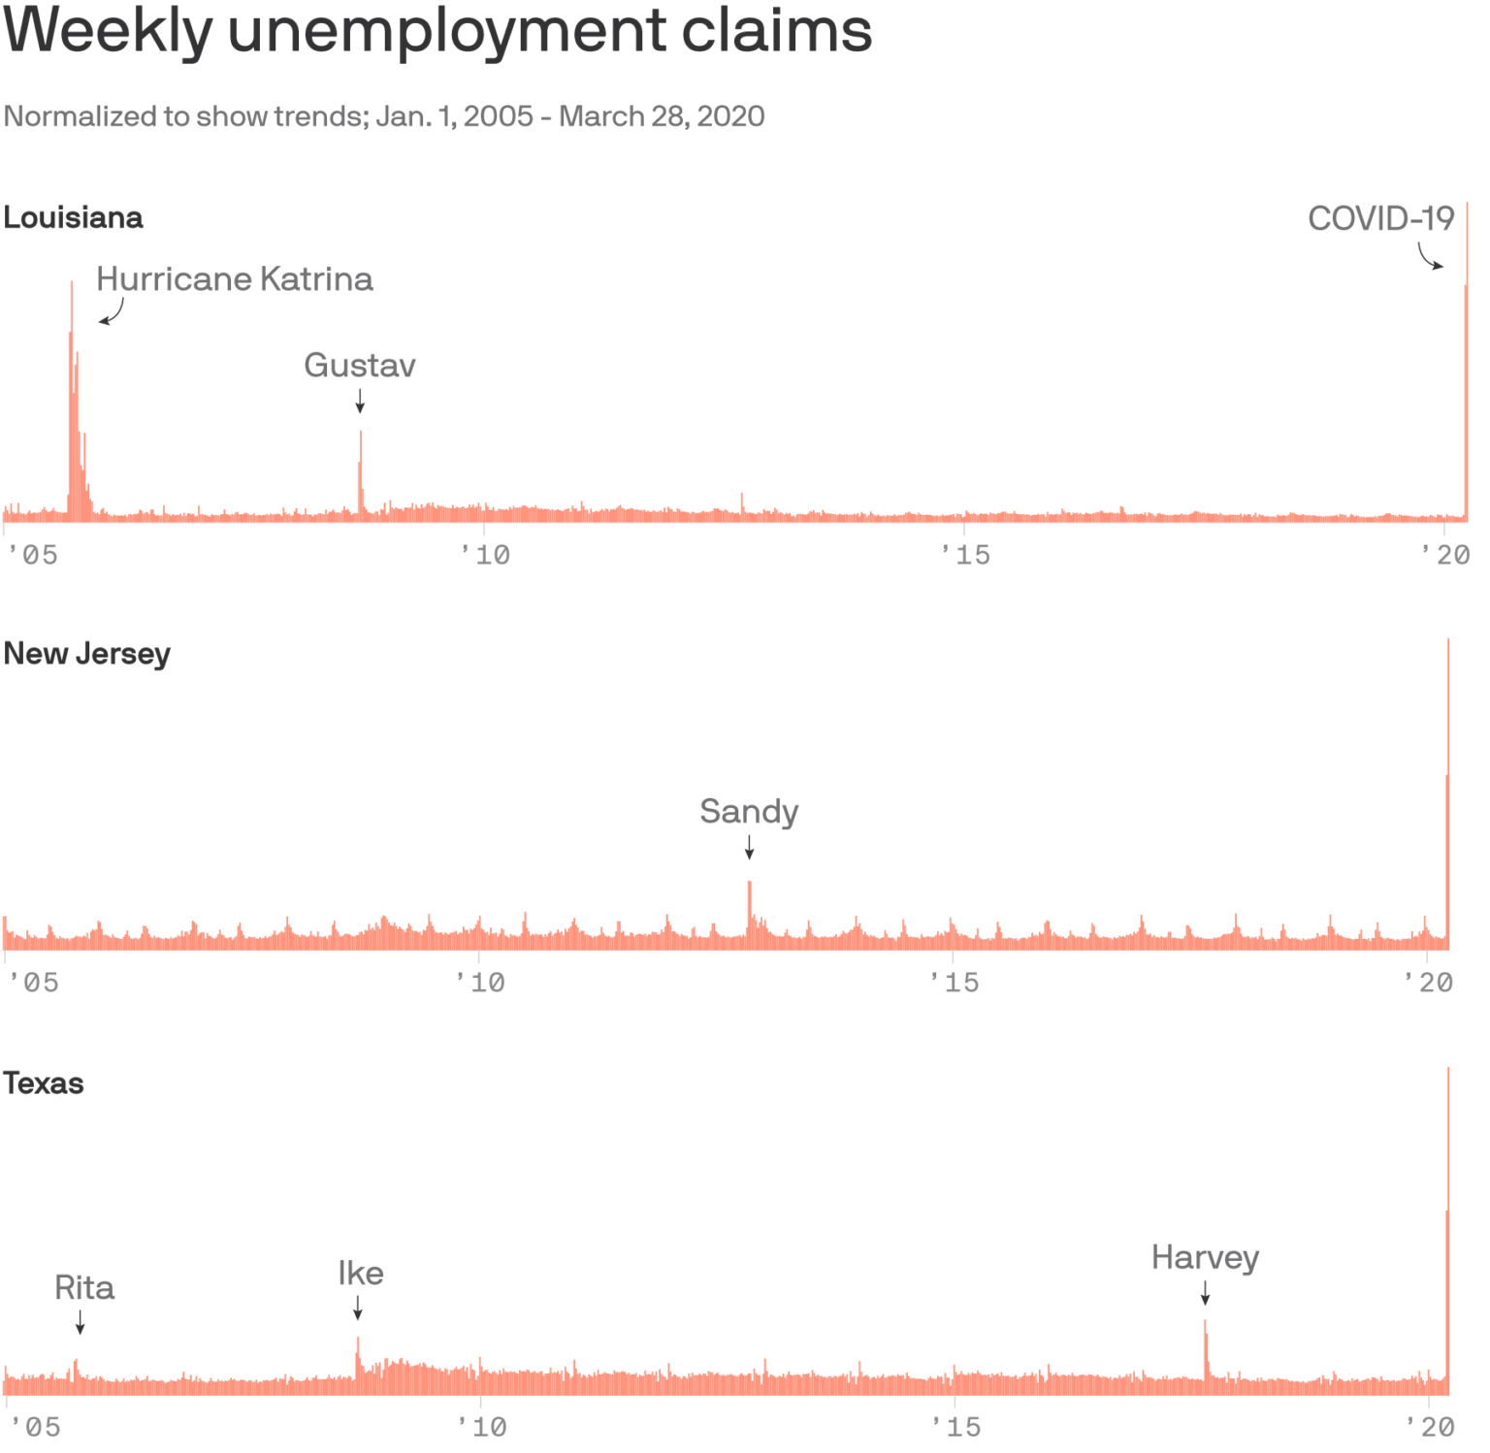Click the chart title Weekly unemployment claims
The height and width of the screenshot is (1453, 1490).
coord(437,31)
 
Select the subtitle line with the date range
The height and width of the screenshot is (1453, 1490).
coord(384,116)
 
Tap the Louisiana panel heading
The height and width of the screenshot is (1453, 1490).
coord(74,217)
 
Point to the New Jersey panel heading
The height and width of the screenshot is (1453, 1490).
coord(87,654)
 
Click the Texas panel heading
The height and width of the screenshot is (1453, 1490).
coord(44,1082)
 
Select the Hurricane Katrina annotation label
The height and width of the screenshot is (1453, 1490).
coord(235,279)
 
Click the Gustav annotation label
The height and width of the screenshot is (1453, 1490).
coord(360,366)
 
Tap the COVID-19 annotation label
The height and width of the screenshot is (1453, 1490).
coord(1380,219)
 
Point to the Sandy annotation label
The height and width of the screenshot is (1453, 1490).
coord(749,811)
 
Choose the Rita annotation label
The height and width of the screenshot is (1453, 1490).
coord(84,1288)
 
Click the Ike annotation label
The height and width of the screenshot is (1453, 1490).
coord(361,1274)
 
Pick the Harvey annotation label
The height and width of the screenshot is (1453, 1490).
coord(1205,1257)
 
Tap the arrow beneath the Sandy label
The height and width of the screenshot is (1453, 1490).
coord(749,848)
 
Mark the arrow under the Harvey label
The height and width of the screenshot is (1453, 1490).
coord(1205,1293)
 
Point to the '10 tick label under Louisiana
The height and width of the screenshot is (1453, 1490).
coord(485,555)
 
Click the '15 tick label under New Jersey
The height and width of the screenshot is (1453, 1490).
coord(955,983)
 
